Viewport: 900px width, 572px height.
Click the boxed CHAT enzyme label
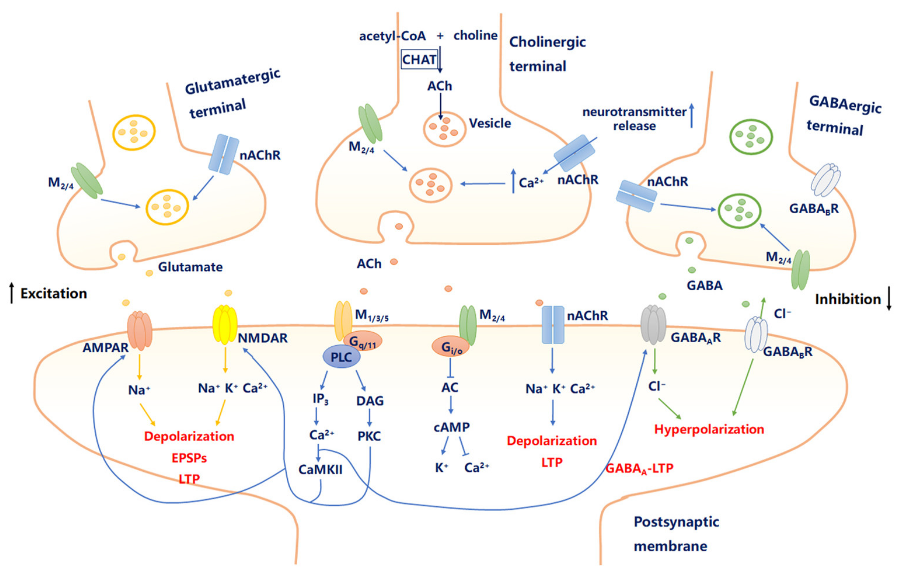pyautogui.click(x=419, y=60)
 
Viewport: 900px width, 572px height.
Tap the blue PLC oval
pyautogui.click(x=341, y=357)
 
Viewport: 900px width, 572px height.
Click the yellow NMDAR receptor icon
pyautogui.click(x=225, y=325)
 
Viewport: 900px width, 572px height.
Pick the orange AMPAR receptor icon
pyautogui.click(x=140, y=331)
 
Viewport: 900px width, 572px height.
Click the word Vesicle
pyautogui.click(x=490, y=123)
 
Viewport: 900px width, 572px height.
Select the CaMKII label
pyautogui.click(x=320, y=470)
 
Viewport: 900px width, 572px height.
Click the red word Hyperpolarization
pyautogui.click(x=709, y=429)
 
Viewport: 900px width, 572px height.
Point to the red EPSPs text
pyautogui.click(x=189, y=458)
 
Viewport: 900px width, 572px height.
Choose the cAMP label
pyautogui.click(x=451, y=427)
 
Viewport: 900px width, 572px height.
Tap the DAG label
pyautogui.click(x=370, y=401)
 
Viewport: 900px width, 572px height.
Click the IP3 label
pyautogui.click(x=320, y=399)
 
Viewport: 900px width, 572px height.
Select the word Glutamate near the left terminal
pyautogui.click(x=190, y=267)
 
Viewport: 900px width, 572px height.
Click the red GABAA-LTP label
pyautogui.click(x=639, y=468)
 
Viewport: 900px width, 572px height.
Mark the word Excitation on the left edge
pyautogui.click(x=53, y=294)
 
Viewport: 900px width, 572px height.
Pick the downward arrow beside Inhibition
pyautogui.click(x=889, y=298)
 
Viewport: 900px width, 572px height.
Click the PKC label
pyautogui.click(x=369, y=436)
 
